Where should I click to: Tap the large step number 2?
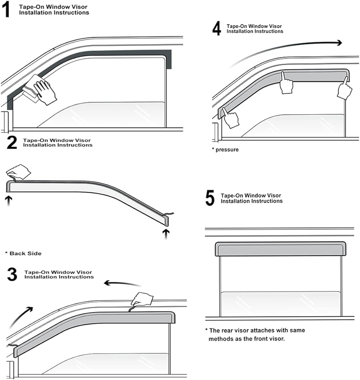[12, 142]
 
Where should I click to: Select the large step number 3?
[12, 274]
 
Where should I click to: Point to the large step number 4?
[217, 29]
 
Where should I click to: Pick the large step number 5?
[210, 198]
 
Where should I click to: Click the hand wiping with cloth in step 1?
[43, 90]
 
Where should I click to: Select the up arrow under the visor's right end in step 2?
[166, 233]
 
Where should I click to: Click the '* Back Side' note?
[23, 253]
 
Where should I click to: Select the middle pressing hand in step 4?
[286, 83]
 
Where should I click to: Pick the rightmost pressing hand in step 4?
[344, 89]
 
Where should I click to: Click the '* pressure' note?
[225, 150]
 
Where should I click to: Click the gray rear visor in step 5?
[281, 249]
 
